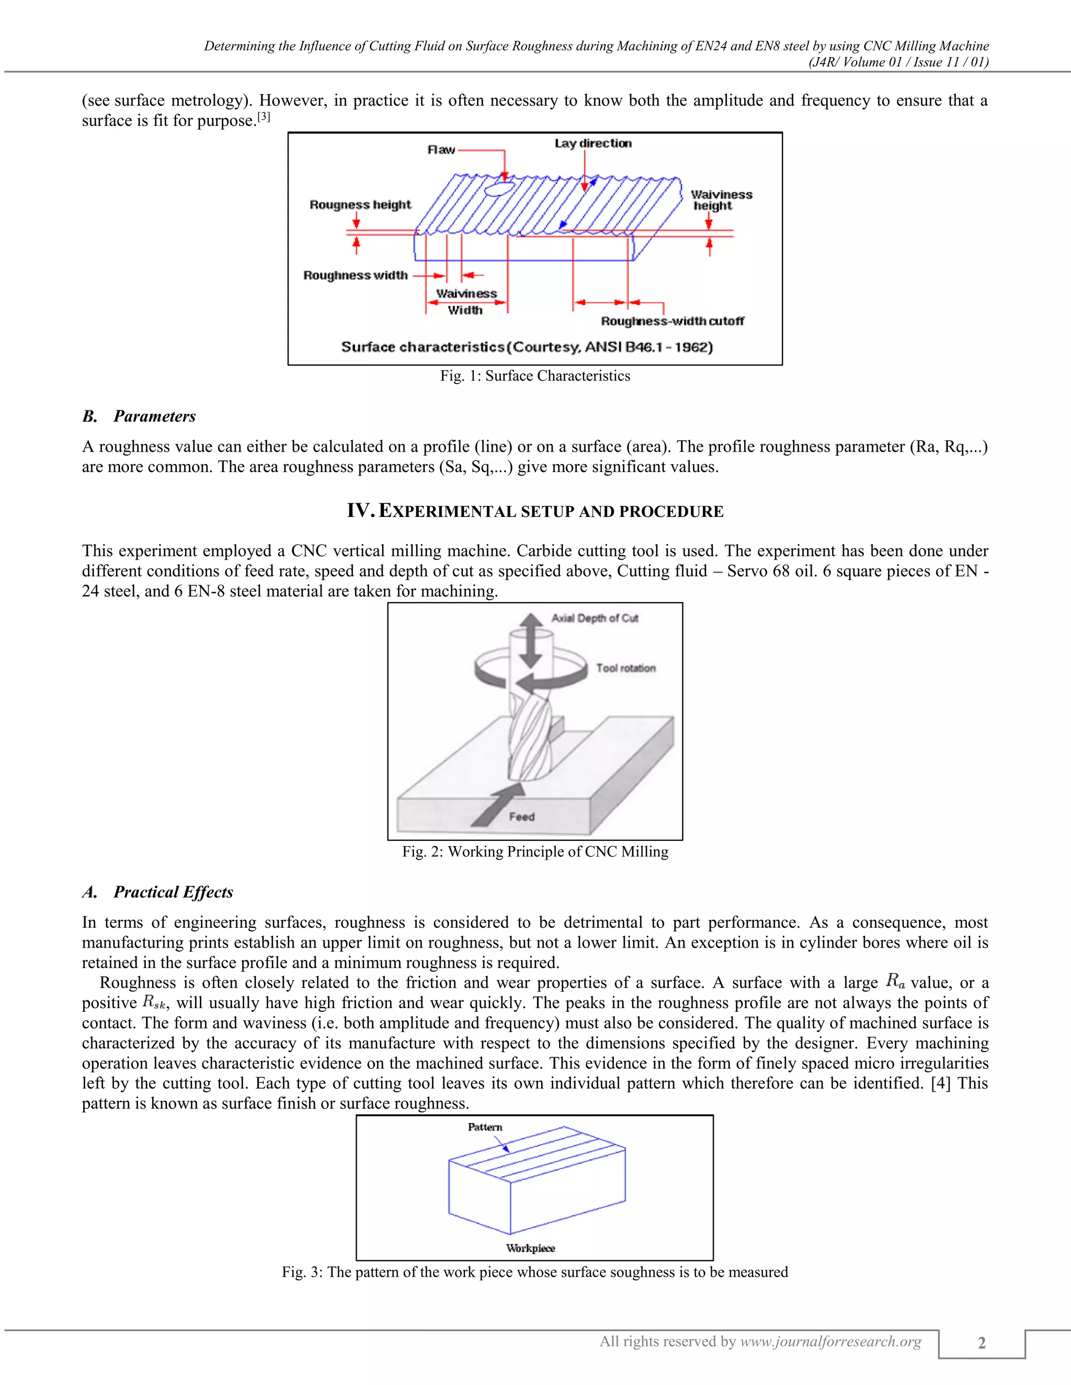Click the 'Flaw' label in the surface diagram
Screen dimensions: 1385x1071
pyautogui.click(x=441, y=149)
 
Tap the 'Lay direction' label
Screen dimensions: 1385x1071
pyautogui.click(x=593, y=143)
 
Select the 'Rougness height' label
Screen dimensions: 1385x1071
pyautogui.click(x=360, y=205)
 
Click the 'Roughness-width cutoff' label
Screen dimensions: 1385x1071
pyautogui.click(x=672, y=321)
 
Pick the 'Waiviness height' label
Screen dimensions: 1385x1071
pyautogui.click(x=721, y=200)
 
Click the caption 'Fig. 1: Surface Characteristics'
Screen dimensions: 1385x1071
pyautogui.click(x=535, y=376)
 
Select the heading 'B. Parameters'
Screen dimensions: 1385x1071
pyautogui.click(x=139, y=417)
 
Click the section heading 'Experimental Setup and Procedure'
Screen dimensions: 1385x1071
pyautogui.click(x=535, y=511)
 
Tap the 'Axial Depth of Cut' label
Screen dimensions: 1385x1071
pyautogui.click(x=595, y=618)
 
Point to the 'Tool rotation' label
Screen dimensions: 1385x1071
pyautogui.click(x=625, y=668)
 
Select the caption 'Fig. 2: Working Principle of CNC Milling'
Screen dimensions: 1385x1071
pyautogui.click(x=535, y=852)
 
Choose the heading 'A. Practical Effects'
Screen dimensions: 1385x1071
pyautogui.click(x=157, y=892)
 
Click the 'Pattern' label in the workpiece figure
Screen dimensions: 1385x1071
pyautogui.click(x=485, y=1127)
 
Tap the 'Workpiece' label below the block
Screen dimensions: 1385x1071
pyautogui.click(x=530, y=1248)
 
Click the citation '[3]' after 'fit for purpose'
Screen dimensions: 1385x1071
pyautogui.click(x=264, y=117)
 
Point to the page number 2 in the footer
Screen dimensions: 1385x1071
pyautogui.click(x=982, y=1343)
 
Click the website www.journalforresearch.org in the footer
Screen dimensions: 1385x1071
pyautogui.click(x=830, y=1341)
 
